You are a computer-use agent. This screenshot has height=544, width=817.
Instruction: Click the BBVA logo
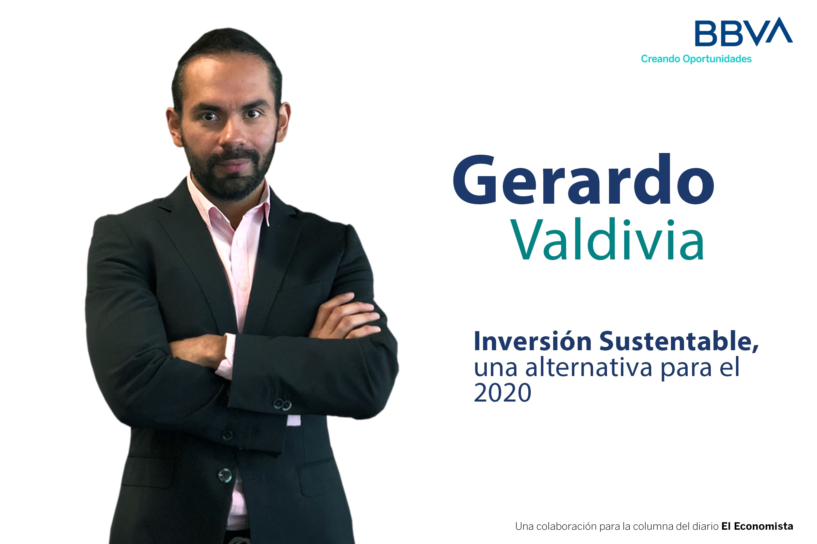[x=744, y=32]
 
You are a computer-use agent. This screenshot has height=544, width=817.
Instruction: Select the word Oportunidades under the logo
[x=717, y=59]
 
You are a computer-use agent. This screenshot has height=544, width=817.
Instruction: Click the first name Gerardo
[x=583, y=179]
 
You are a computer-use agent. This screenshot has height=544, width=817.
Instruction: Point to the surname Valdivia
[x=607, y=239]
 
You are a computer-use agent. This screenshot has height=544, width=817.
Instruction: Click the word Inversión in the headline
[x=533, y=341]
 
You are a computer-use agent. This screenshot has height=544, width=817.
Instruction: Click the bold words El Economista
[x=757, y=526]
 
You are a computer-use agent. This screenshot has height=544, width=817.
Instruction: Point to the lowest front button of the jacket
[x=225, y=475]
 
